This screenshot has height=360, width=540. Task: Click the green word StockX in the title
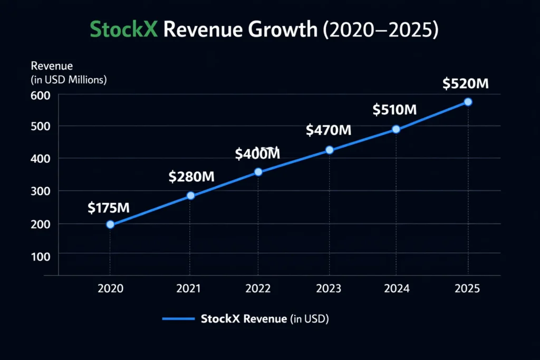pyautogui.click(x=124, y=30)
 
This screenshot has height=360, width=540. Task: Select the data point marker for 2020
pyautogui.click(x=110, y=224)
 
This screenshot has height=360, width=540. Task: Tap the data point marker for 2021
pyautogui.click(x=191, y=196)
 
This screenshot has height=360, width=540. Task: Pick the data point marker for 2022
pyautogui.click(x=258, y=172)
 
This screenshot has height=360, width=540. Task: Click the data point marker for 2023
pyautogui.click(x=330, y=150)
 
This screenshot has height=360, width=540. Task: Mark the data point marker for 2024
pyautogui.click(x=396, y=129)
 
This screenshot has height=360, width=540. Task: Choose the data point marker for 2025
pyautogui.click(x=468, y=102)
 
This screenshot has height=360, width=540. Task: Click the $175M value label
pyautogui.click(x=108, y=208)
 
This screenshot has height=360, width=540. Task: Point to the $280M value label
pyautogui.click(x=191, y=177)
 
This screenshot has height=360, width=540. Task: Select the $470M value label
pyautogui.click(x=329, y=130)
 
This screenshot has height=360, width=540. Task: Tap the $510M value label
pyautogui.click(x=395, y=110)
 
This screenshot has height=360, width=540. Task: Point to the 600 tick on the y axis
pyautogui.click(x=41, y=95)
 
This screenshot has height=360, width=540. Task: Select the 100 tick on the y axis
pyautogui.click(x=41, y=256)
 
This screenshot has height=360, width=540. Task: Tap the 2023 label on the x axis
pyautogui.click(x=329, y=289)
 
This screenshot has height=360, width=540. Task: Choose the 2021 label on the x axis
pyautogui.click(x=188, y=289)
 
